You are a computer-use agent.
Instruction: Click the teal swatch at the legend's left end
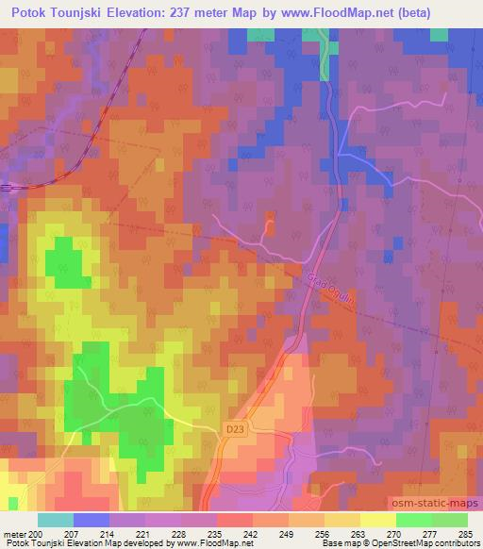pos(55,520)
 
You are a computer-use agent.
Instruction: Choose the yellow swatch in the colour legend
pos(377,520)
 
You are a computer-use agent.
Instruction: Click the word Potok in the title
pos(31,13)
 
